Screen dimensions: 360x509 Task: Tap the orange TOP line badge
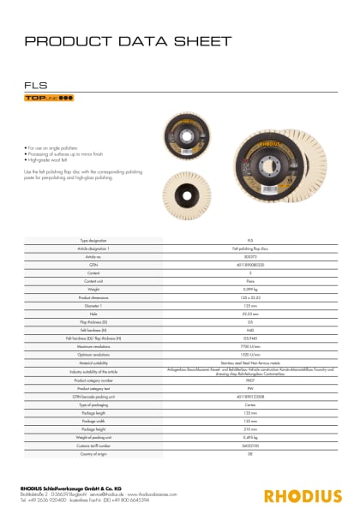point(47,99)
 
